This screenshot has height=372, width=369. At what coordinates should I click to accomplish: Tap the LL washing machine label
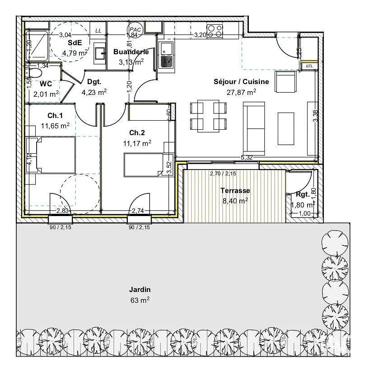[98, 31]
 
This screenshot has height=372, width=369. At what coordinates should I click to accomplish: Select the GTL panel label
[309, 66]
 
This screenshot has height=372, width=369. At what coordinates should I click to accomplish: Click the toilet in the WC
[34, 73]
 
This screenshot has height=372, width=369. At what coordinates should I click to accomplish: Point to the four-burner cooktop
[215, 31]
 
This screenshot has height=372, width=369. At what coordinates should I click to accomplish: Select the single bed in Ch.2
[143, 165]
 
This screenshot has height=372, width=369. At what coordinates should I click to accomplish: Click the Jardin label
[140, 289]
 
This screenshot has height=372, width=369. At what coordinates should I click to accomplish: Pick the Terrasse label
[235, 190]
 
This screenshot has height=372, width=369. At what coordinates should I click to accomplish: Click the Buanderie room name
[131, 52]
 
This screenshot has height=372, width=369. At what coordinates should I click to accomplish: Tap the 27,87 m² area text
[241, 92]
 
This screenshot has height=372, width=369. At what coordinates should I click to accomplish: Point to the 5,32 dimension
[247, 157]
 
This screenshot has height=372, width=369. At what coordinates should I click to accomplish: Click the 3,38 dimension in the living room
[315, 116]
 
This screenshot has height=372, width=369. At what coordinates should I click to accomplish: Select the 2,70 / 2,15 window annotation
[223, 174]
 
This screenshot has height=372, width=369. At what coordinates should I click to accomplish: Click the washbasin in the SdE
[100, 53]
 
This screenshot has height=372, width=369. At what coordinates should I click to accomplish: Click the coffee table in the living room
[286, 129]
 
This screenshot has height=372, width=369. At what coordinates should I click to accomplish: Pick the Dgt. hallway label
[94, 82]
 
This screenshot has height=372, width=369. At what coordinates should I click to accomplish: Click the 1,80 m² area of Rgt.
[303, 205]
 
